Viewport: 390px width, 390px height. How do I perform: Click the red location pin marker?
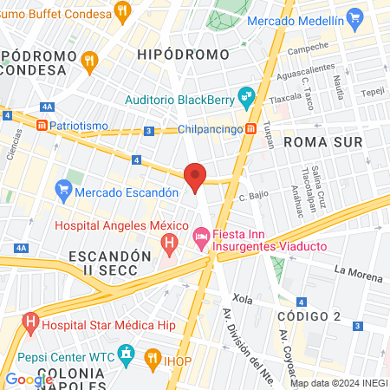pyautogui.click(x=195, y=177)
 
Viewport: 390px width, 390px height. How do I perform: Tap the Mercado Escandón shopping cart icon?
pyautogui.click(x=62, y=187)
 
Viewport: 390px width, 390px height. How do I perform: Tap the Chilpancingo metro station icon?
pyautogui.click(x=250, y=129)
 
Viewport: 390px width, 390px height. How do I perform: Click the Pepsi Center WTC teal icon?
pyautogui.click(x=127, y=355)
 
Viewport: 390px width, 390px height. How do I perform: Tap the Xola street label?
pyautogui.click(x=242, y=299)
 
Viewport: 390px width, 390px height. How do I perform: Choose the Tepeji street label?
pyautogui.click(x=373, y=90)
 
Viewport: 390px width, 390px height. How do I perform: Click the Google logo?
pyautogui.click(x=29, y=379)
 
